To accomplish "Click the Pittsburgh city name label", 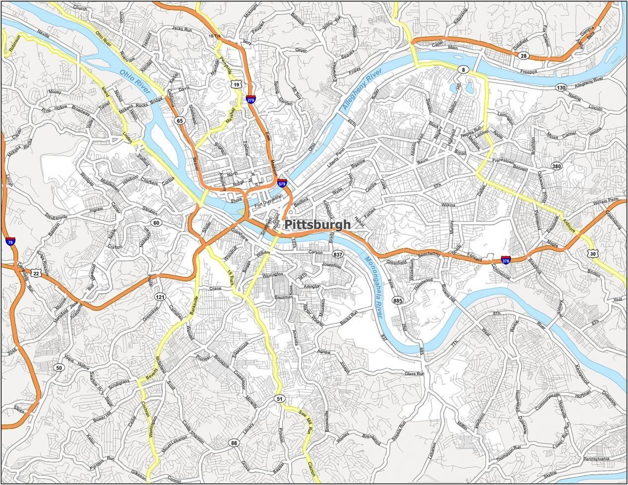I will coord(317,224).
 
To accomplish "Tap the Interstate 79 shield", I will coord(10,242).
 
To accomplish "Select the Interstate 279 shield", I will coord(251,100).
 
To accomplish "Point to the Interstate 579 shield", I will coord(282,184).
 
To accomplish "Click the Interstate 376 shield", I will coord(505,260).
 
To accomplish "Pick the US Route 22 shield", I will coord(36,274).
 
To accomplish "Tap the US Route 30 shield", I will coord(592,253).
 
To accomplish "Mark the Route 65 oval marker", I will coord(179,121).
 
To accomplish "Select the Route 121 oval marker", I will coord(160,297).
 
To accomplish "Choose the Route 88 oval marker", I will coord(234,442).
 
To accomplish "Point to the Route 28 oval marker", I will coord(524,56).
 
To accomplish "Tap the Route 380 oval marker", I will coord(557,166).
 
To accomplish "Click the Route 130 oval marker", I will coord(561,87).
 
